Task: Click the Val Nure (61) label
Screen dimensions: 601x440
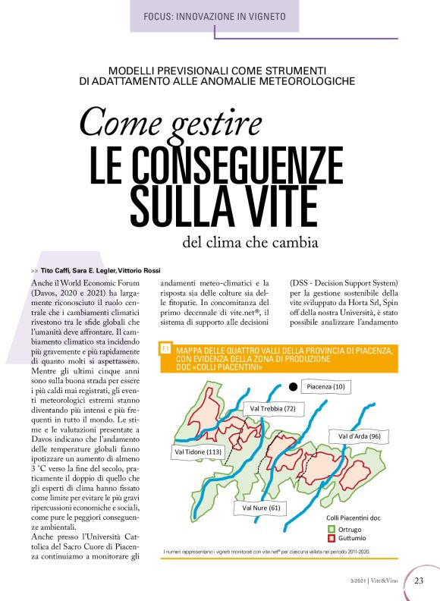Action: (262, 507)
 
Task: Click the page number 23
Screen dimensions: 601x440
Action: (420, 581)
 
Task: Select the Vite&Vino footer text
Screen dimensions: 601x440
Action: (388, 582)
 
